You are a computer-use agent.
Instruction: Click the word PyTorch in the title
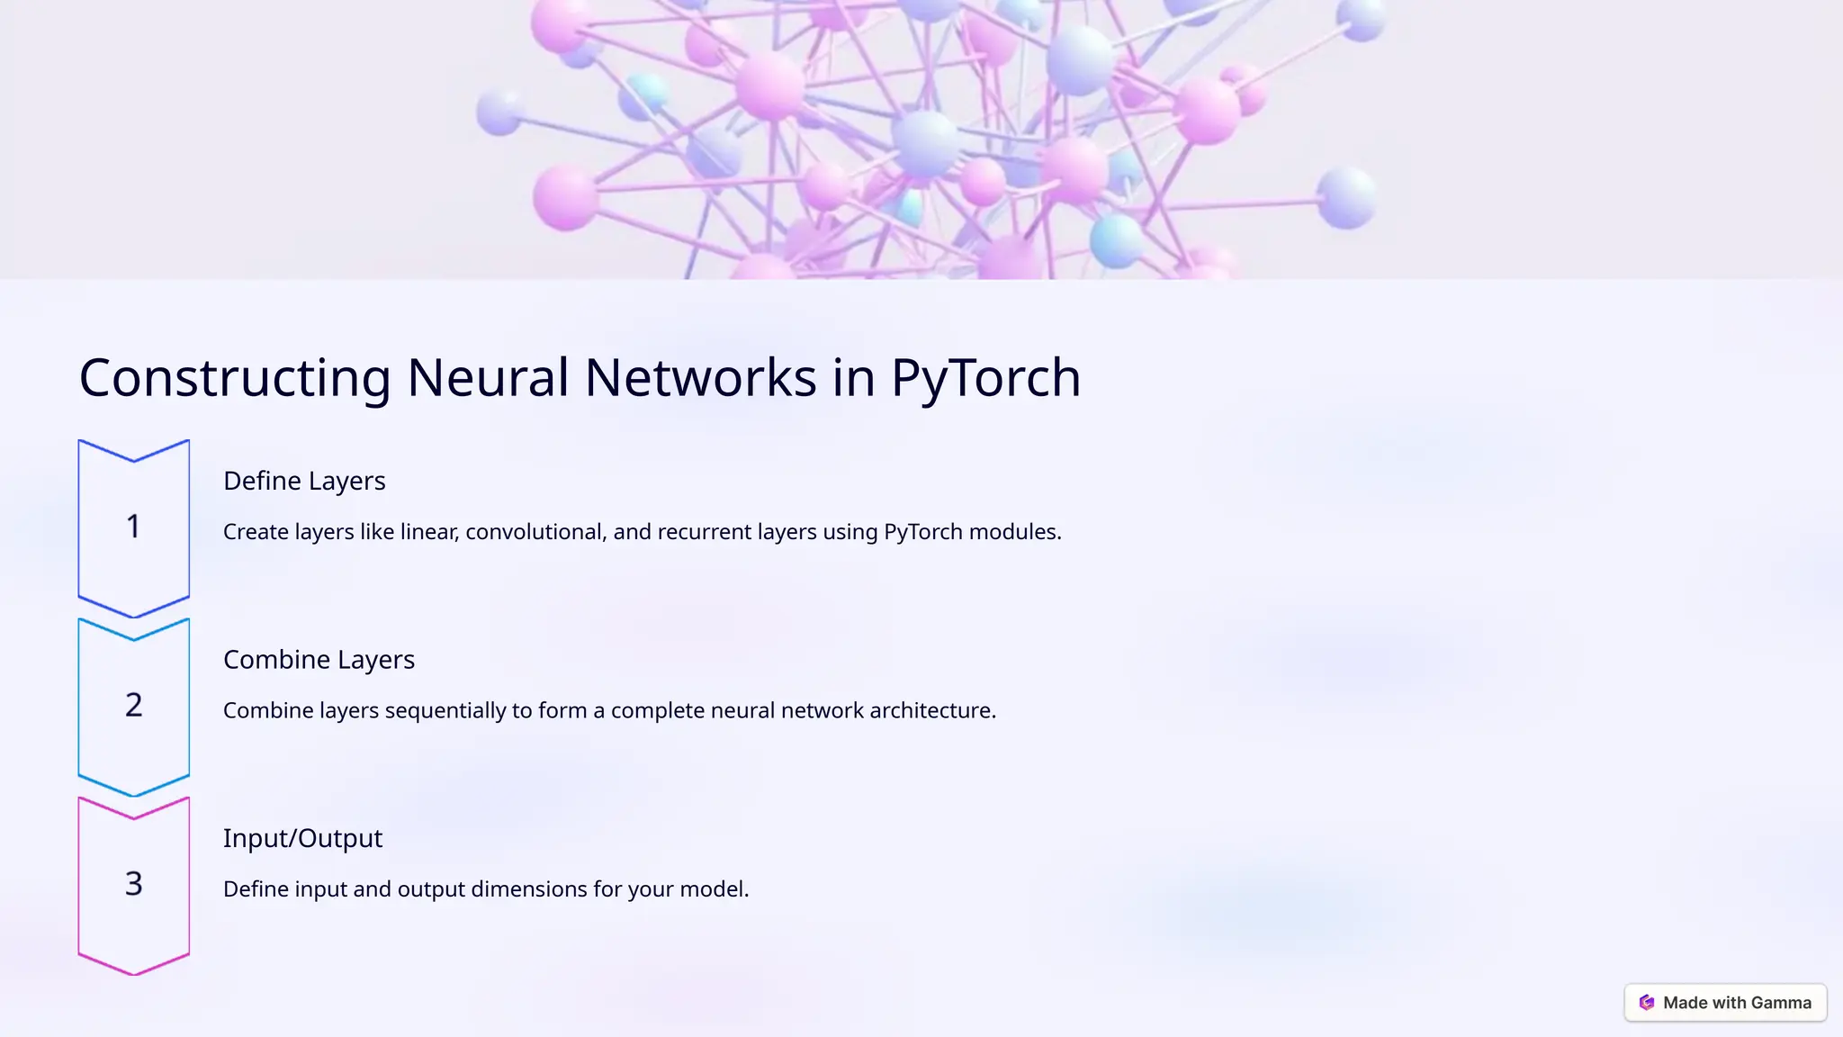pyautogui.click(x=985, y=378)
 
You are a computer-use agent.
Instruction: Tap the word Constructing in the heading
pyautogui.click(x=235, y=378)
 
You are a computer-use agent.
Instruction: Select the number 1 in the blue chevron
pyautogui.click(x=133, y=527)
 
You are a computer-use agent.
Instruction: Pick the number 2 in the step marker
pyautogui.click(x=133, y=705)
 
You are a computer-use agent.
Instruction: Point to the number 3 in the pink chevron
pyautogui.click(x=133, y=883)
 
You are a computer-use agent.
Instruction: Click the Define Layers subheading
pyautogui.click(x=304, y=481)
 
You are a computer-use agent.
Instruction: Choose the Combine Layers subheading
pyautogui.click(x=319, y=660)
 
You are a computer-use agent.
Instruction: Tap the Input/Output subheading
pyautogui.click(x=302, y=838)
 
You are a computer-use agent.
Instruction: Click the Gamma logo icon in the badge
pyautogui.click(x=1647, y=1003)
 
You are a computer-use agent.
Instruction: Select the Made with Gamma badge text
pyautogui.click(x=1737, y=1003)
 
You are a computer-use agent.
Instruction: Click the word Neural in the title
pyautogui.click(x=488, y=378)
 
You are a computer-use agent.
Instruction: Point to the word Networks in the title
pyautogui.click(x=700, y=378)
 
